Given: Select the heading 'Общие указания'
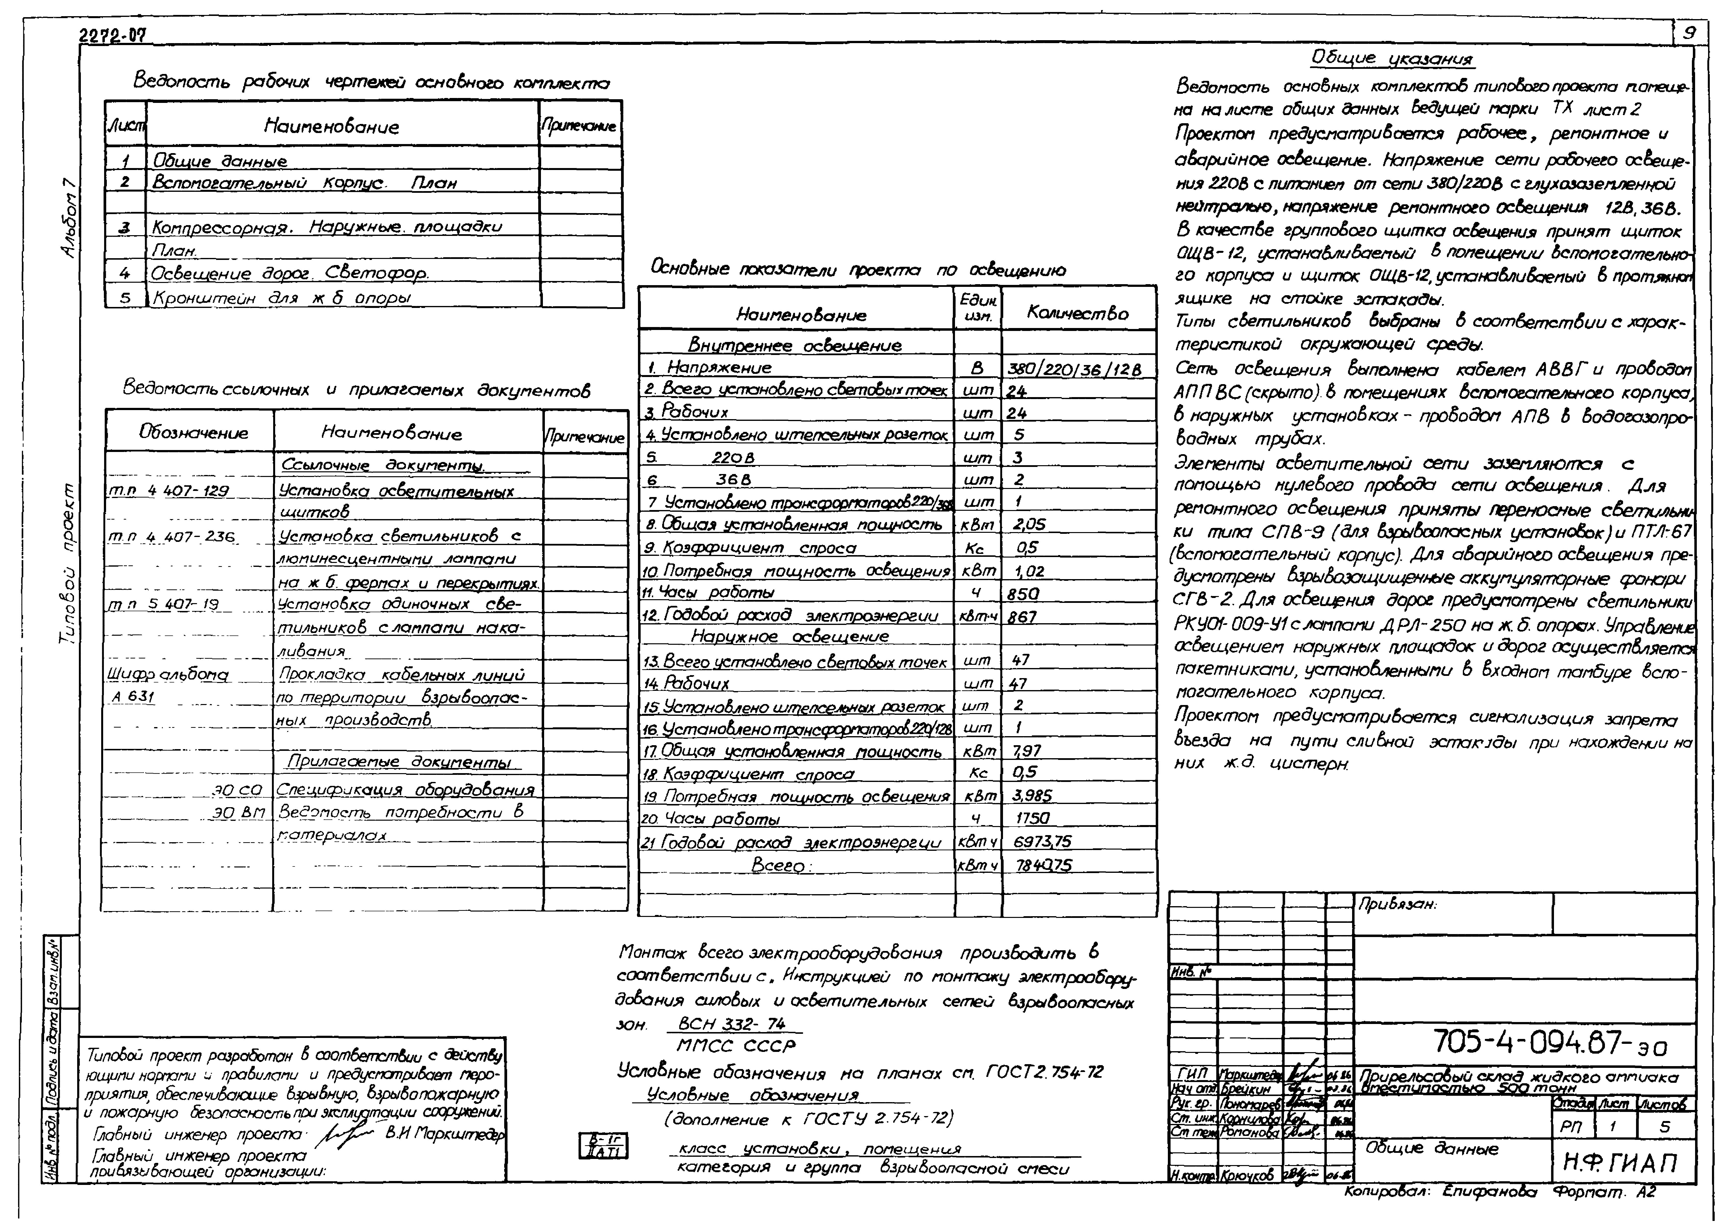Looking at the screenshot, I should coord(1392,59).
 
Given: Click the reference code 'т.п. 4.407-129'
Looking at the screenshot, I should coord(168,491).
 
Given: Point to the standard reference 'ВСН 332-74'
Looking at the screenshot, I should coord(732,1024).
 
